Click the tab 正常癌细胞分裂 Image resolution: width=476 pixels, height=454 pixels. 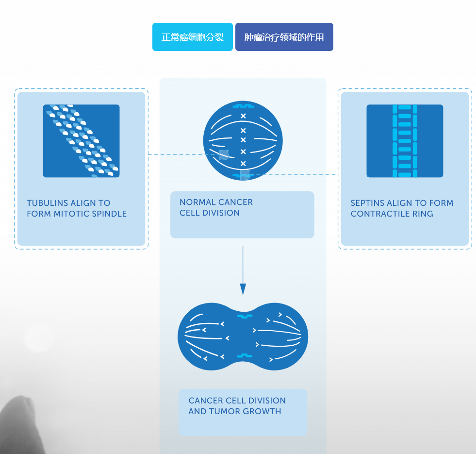[x=193, y=37]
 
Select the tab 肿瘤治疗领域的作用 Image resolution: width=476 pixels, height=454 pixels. [x=284, y=37]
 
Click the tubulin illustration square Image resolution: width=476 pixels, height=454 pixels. [x=81, y=141]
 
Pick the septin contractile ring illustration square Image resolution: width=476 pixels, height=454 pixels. [x=405, y=141]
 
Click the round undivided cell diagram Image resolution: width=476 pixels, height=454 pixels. [x=243, y=141]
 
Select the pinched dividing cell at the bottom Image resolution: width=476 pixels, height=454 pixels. [x=243, y=336]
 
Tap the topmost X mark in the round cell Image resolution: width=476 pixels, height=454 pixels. [x=244, y=116]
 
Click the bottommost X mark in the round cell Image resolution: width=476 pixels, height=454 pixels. [x=244, y=163]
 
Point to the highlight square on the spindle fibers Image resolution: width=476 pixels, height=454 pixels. [x=224, y=155]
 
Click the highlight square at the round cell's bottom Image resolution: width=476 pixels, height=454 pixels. [x=245, y=174]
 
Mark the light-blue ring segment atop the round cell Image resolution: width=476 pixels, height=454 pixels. [x=243, y=105]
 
